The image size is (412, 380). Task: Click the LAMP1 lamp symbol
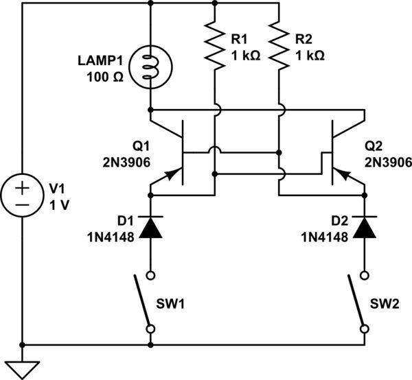pos(150,66)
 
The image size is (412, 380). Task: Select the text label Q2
pos(375,147)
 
